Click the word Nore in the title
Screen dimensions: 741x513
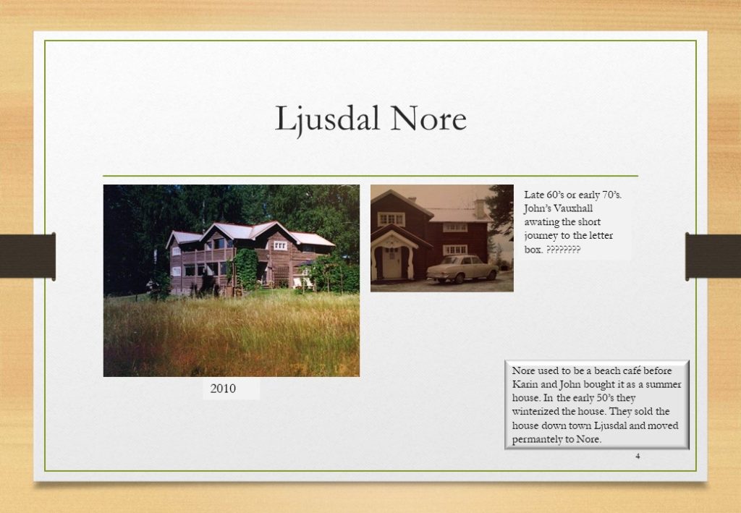(428, 118)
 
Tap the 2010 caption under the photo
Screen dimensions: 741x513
(223, 389)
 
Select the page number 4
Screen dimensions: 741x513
(638, 457)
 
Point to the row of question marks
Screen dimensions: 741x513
(563, 250)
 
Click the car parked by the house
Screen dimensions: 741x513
(462, 268)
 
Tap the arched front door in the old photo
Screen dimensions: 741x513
(391, 262)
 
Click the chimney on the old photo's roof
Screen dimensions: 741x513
(480, 209)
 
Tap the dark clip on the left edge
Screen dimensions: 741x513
(28, 256)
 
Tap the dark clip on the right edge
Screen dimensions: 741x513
(713, 256)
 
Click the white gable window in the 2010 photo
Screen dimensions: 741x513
(280, 245)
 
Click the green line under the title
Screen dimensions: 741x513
(370, 176)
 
